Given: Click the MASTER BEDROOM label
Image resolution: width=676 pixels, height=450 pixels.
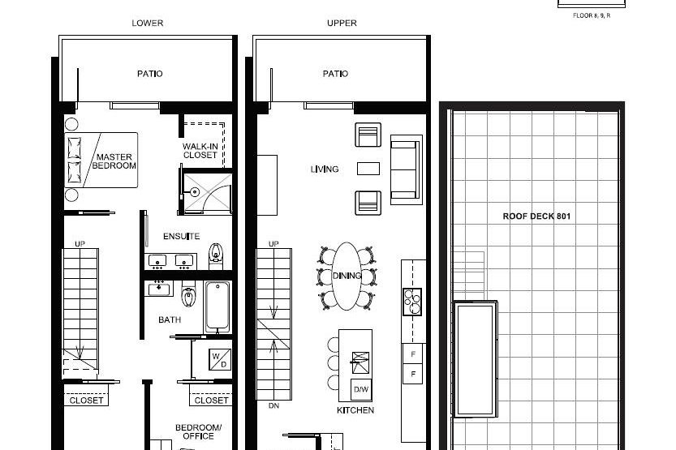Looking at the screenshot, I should (x=114, y=161).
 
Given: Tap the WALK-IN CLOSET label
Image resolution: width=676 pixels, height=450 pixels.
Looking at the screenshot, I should (x=200, y=151).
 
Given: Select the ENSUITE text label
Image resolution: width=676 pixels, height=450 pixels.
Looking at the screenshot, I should (x=181, y=237).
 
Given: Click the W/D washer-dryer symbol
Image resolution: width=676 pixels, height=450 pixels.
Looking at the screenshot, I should (x=220, y=358).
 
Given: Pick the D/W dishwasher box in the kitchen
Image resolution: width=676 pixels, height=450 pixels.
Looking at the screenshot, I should (x=361, y=389).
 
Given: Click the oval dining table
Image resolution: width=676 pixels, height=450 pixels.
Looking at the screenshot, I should (x=347, y=276).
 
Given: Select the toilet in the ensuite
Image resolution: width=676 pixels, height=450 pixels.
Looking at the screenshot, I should (x=216, y=255).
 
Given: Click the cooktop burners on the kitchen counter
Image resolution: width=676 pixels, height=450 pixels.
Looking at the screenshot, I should (x=412, y=301).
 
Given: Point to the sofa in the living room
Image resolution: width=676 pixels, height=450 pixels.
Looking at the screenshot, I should (x=406, y=168).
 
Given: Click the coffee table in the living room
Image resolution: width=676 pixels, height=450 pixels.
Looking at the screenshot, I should (x=368, y=169).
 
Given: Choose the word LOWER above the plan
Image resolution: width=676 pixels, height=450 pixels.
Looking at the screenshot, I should (x=148, y=24).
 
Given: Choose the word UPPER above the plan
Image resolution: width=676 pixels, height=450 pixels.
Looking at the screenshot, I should (x=342, y=24).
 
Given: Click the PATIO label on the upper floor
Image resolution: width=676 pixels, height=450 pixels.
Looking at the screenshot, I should (x=335, y=74).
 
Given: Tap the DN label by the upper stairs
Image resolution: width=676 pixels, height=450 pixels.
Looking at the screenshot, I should (x=273, y=405).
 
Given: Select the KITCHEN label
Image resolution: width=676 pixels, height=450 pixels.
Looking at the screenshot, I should (x=355, y=410).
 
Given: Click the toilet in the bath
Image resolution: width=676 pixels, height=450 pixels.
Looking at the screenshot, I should (x=189, y=298).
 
